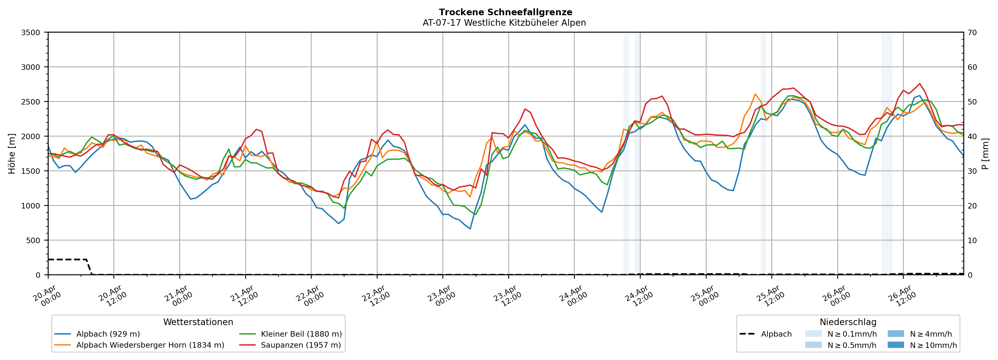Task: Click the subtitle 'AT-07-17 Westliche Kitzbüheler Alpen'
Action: coord(504,23)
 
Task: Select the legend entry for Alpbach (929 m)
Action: coord(108,334)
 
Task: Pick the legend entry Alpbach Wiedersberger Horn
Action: coord(150,345)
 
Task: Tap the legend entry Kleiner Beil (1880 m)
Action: coord(301,334)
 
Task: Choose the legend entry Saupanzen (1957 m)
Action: coord(301,345)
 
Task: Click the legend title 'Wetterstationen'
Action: coord(198,322)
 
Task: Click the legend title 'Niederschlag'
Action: coord(848,322)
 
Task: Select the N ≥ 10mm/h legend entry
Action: coord(933,345)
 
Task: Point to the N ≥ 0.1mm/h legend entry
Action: coord(851,334)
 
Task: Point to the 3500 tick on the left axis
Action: coord(31,33)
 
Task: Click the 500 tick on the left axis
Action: coord(33,240)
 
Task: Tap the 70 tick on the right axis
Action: coord(972,33)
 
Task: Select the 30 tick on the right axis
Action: coord(972,171)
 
